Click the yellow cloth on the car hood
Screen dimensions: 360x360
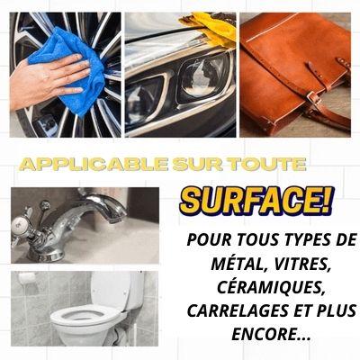point(210,28)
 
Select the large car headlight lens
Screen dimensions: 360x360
point(204,78)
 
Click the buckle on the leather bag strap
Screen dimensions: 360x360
point(312,97)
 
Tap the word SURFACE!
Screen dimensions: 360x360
point(256,200)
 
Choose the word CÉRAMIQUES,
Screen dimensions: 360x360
point(271,288)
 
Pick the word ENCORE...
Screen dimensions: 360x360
point(266,334)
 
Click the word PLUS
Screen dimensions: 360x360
point(337,311)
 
